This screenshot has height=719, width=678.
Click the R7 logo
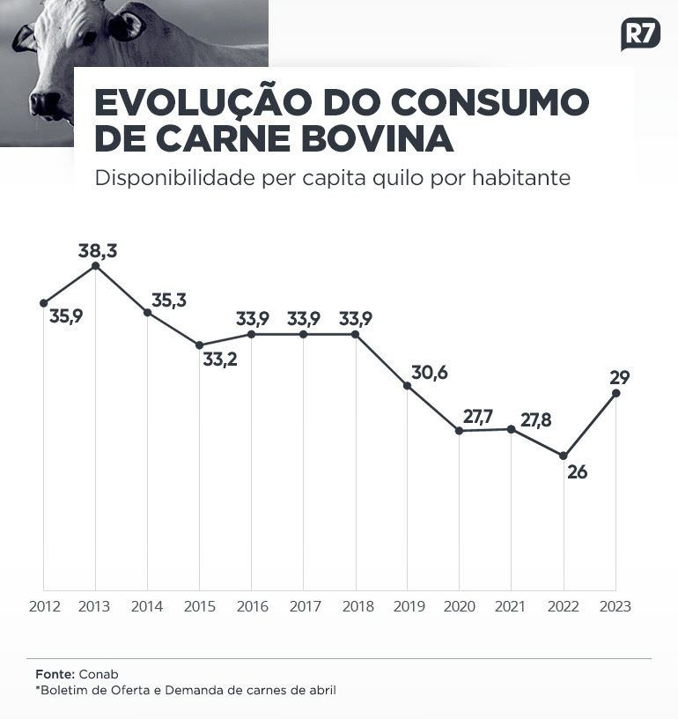(640, 34)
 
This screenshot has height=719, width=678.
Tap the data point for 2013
(95, 265)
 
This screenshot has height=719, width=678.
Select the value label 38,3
(98, 251)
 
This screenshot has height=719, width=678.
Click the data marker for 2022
(564, 456)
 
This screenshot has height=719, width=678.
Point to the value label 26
(577, 472)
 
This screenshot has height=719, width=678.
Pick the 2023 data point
(615, 393)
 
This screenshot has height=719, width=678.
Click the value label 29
(619, 377)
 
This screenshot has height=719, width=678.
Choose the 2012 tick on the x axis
(43, 607)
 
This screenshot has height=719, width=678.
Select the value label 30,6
(430, 373)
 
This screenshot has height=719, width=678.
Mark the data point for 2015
(199, 345)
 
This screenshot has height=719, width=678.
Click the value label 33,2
(220, 359)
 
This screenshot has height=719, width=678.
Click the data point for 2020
(459, 430)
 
